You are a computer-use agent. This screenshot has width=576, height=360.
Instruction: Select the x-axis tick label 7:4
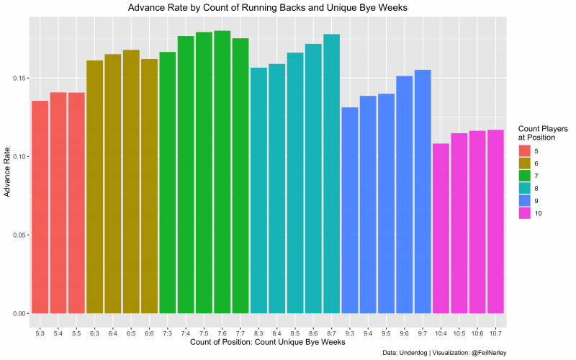point(186,334)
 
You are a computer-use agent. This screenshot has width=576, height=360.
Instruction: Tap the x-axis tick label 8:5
point(295,334)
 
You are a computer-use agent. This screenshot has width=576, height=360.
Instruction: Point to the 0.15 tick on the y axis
point(19,78)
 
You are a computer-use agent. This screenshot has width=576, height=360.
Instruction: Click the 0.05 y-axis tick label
point(19,235)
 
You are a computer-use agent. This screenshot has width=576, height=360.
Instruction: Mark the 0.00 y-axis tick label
point(19,314)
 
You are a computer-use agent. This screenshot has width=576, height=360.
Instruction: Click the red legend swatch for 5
point(525,150)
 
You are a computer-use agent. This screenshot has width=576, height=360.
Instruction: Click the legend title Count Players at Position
point(542,132)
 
